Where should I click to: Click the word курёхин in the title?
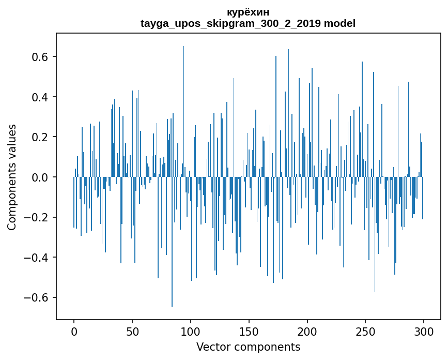(x=248, y=12)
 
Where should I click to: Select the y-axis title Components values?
(x=12, y=177)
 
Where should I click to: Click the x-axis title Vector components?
(x=248, y=347)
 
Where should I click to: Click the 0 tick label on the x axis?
(x=74, y=331)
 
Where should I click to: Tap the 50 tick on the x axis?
(x=132, y=331)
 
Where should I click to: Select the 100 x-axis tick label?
(x=191, y=331)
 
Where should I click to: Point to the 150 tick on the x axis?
(x=249, y=331)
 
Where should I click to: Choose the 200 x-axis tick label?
(x=307, y=331)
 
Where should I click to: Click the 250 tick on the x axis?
(x=365, y=331)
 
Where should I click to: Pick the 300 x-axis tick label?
(x=424, y=331)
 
